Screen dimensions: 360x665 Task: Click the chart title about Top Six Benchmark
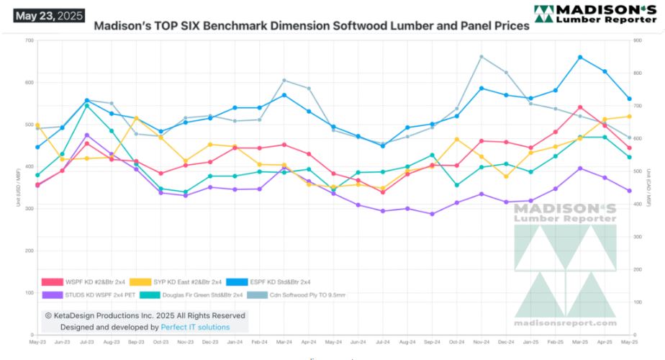312,25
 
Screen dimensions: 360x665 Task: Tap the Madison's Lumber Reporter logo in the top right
594,13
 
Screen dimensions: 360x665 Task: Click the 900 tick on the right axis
638,40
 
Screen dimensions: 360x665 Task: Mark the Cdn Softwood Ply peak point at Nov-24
481,56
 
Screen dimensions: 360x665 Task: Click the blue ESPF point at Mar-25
580,57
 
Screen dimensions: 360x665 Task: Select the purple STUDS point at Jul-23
87,135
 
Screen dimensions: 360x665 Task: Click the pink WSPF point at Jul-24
383,192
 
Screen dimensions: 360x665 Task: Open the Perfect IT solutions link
195,327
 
